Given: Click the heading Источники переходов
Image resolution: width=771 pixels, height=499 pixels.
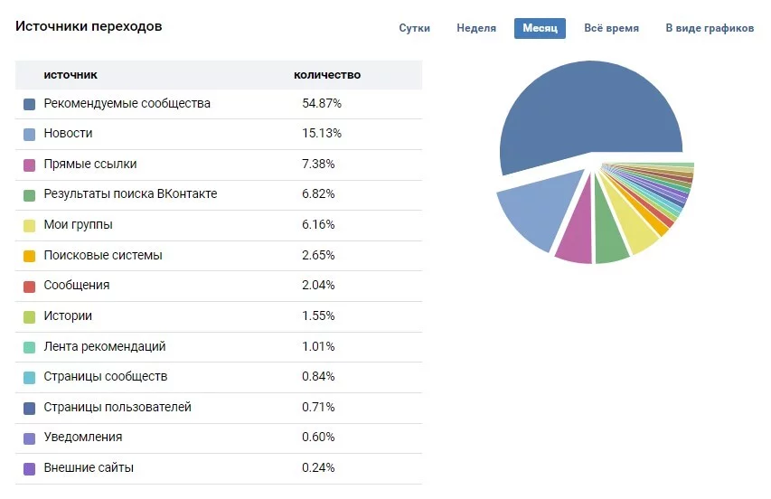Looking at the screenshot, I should coord(89,27).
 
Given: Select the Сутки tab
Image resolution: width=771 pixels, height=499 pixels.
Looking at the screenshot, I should coord(414,28).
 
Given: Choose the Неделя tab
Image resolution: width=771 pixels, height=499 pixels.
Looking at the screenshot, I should coord(476,28).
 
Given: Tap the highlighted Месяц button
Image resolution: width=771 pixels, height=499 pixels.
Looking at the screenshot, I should coord(540,28).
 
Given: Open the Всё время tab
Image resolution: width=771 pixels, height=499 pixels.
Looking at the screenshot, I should coord(611,28).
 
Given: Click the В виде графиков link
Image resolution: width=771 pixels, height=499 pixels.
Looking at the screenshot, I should coord(709,28).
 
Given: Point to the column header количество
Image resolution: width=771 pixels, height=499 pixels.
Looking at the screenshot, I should coord(327,75).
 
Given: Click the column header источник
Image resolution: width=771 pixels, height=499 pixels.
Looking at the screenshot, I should coord(71,75).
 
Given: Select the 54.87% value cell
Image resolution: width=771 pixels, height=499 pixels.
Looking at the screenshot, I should coord(322,104).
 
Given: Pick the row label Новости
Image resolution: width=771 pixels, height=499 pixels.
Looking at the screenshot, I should coord(68,134).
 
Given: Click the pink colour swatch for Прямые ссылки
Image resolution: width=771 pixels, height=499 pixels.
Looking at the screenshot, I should coord(30,165).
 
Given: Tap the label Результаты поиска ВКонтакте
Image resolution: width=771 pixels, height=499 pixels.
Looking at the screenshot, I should coord(130,194).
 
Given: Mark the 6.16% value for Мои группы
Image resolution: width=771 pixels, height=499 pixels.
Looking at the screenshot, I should coord(318,225).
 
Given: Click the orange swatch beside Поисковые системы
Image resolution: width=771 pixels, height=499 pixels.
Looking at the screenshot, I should coord(30,256).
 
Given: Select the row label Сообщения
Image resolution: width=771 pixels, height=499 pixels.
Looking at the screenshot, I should coord(77,286).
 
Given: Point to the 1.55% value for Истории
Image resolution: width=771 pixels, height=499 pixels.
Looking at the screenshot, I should coord(318,316).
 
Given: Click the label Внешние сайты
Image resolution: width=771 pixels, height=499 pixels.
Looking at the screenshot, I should coord(89,468).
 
